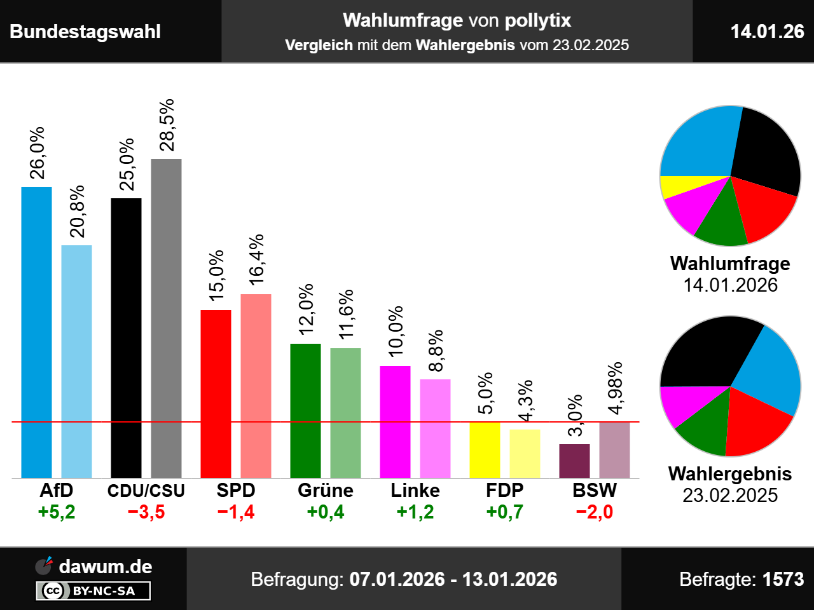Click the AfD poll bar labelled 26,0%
(37, 332)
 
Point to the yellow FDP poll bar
(485, 450)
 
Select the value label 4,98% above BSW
(615, 388)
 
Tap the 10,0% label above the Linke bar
(396, 330)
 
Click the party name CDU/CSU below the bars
(146, 491)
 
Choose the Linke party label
(415, 491)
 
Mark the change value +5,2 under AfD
(57, 512)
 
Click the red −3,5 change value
(146, 512)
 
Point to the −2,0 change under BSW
(595, 512)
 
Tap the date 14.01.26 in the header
(767, 31)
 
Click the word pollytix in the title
(538, 21)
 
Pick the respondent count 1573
(783, 579)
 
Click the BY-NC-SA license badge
(93, 591)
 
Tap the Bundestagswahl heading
(85, 32)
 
